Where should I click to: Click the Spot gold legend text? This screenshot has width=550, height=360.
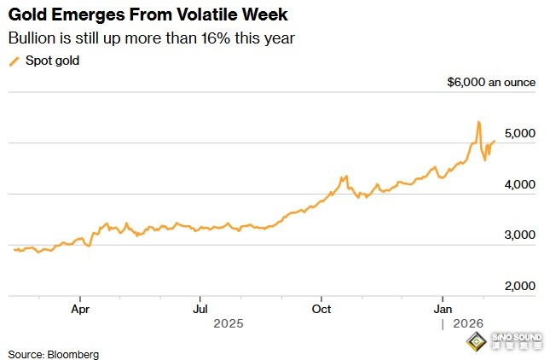(x=52, y=61)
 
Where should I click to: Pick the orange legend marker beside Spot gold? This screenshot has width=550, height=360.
(x=13, y=61)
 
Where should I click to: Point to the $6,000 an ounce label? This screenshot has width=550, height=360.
(x=491, y=83)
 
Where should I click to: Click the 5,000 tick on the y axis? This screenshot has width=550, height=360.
(x=518, y=134)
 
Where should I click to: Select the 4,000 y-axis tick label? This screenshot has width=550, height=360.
(x=518, y=184)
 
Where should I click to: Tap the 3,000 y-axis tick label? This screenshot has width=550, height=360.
(x=518, y=235)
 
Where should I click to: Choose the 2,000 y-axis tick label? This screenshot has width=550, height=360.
(x=518, y=286)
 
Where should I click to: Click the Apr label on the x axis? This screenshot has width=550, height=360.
(x=80, y=308)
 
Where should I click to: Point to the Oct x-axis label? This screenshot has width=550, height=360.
(x=321, y=308)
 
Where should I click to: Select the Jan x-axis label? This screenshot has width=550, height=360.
(x=443, y=308)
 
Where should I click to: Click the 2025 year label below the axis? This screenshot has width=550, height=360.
(x=229, y=324)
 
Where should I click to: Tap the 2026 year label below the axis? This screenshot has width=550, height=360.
(x=468, y=324)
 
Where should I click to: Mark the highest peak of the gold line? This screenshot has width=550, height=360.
(x=478, y=122)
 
